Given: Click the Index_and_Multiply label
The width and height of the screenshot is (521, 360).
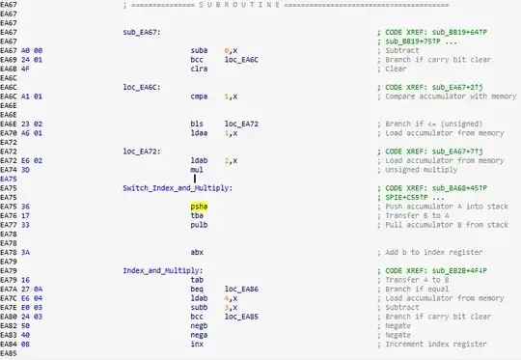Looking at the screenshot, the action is point(159,270).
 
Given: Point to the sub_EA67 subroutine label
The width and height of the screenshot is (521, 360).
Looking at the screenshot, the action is point(141,33).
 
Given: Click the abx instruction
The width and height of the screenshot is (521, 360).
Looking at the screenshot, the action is point(198,252).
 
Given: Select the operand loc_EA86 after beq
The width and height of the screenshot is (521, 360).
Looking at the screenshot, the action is point(241,289).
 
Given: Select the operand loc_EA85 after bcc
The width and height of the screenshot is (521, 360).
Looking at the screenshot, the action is point(241,316).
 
